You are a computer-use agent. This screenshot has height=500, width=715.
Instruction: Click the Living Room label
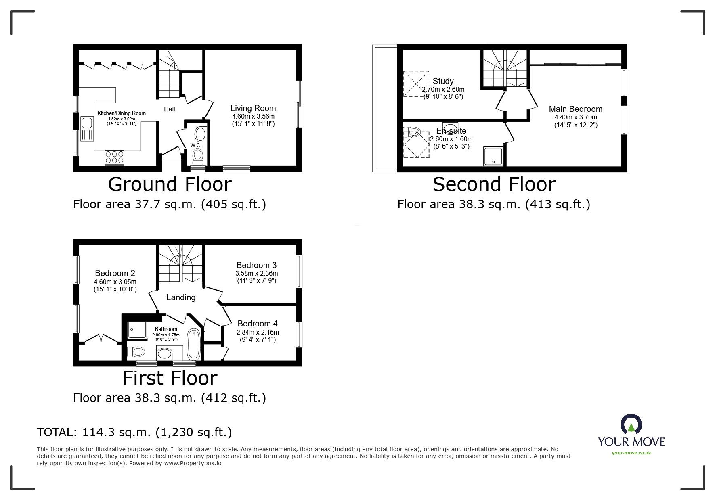pos(253,108)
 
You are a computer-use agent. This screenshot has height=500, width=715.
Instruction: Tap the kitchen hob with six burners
pos(114,157)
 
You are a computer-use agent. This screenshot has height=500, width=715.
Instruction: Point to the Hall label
pos(170,109)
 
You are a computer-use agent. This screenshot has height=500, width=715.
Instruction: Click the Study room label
pos(443,81)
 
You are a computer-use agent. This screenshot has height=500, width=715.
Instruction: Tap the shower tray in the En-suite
pos(493,156)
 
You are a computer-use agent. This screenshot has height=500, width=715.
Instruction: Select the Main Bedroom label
pos(576,109)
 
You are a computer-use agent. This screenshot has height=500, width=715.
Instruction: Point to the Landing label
pos(181,297)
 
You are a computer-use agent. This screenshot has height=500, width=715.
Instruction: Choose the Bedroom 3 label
pos(256,265)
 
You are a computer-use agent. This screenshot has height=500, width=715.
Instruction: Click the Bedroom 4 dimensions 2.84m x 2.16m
pos(258,332)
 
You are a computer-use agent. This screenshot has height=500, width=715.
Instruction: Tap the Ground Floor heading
pos(170,184)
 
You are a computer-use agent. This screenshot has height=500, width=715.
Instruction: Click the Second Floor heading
pos(494,184)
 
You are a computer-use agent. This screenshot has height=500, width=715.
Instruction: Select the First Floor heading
pos(170,378)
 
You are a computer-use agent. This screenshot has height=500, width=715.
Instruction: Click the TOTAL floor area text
pos(134,433)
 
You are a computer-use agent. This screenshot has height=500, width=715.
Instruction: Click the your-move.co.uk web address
pos(631,453)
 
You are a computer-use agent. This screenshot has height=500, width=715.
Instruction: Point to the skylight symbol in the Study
pos(416,84)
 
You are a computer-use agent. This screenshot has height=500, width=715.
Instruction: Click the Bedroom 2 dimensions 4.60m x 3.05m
pos(115,282)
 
